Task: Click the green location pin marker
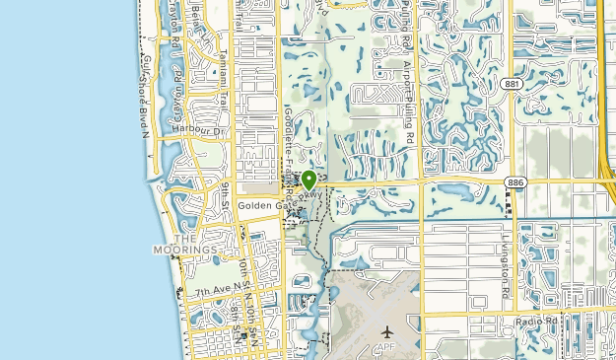click(308, 180)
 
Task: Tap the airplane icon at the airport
click(385, 331)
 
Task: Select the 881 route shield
click(511, 85)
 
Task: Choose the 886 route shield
click(514, 182)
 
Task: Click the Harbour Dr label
click(197, 129)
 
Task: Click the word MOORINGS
click(184, 251)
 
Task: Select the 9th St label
click(227, 190)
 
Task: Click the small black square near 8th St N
click(242, 335)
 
